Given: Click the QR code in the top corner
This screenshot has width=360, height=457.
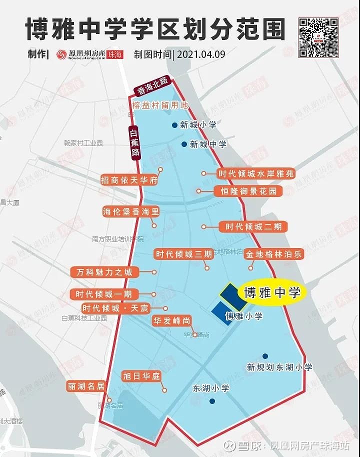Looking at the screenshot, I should [x=318, y=37].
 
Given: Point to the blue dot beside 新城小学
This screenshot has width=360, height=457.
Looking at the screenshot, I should [x=174, y=125].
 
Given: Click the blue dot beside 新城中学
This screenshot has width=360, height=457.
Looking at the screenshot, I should [x=184, y=144].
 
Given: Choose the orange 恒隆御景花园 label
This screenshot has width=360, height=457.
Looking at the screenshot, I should [x=248, y=191].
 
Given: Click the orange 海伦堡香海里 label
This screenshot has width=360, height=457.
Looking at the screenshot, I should [x=130, y=211].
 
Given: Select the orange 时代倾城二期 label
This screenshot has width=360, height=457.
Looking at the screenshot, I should [x=253, y=227].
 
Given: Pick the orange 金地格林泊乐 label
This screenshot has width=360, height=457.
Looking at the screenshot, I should [x=274, y=254].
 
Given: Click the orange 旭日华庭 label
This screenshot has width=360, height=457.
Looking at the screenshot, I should [x=141, y=376].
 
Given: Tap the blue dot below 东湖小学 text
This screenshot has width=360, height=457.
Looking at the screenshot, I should [x=212, y=401].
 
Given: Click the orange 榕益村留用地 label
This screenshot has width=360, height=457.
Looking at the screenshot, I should [x=160, y=105].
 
